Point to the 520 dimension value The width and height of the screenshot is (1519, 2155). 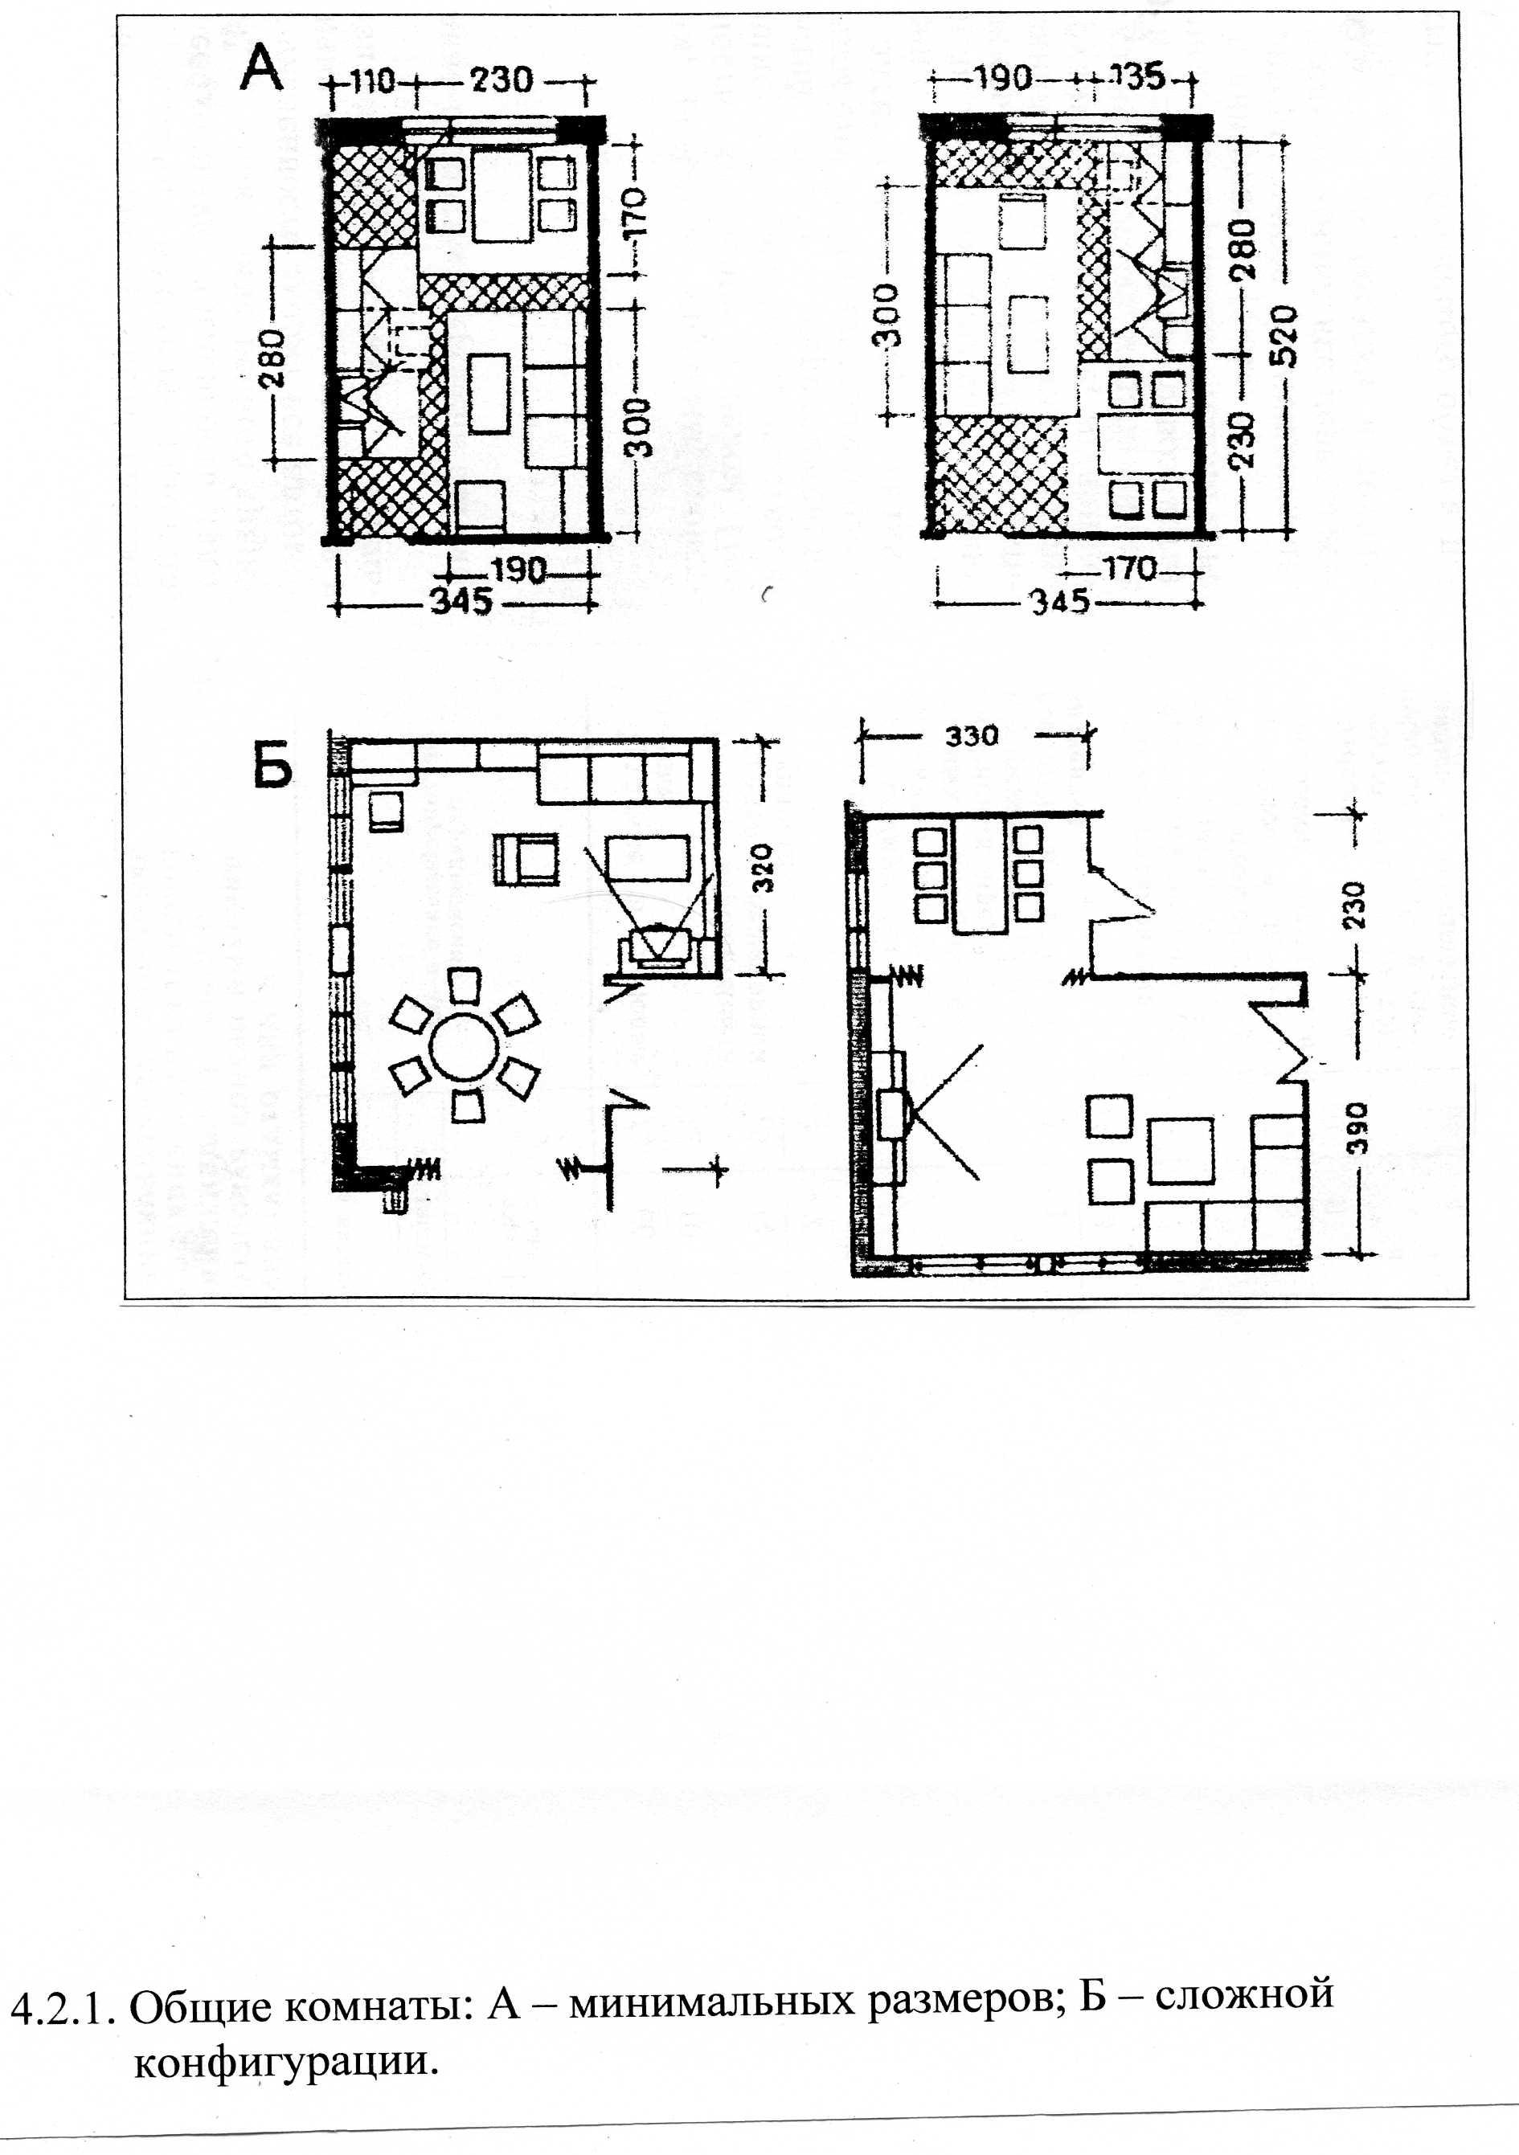1285,336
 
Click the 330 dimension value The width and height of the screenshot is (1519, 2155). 972,735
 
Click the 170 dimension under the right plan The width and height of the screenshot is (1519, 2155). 1129,568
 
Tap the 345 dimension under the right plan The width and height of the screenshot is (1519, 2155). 1061,601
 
